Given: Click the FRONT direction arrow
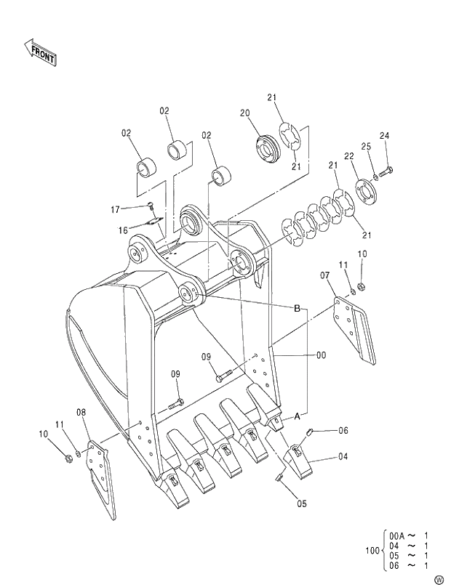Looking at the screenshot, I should pyautogui.click(x=41, y=52).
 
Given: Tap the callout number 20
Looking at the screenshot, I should pyautogui.click(x=244, y=113).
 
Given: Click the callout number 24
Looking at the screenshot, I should pyautogui.click(x=384, y=136).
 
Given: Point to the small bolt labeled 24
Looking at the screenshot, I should pyautogui.click(x=386, y=171).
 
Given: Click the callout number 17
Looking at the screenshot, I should pyautogui.click(x=115, y=209).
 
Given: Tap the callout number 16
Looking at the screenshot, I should pyautogui.click(x=123, y=230).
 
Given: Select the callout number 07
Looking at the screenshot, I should pyautogui.click(x=324, y=275).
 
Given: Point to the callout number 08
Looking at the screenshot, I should pyautogui.click(x=81, y=413).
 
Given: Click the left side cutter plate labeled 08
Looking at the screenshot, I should pyautogui.click(x=100, y=476).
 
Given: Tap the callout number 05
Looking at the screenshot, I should pyautogui.click(x=301, y=503).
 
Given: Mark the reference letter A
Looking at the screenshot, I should pyautogui.click(x=297, y=416).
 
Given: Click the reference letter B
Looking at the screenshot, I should pyautogui.click(x=297, y=309).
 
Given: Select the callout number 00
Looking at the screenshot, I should pyautogui.click(x=321, y=355).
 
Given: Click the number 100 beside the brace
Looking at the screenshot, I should pyautogui.click(x=372, y=550).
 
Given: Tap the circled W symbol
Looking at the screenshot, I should pyautogui.click(x=438, y=579).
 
